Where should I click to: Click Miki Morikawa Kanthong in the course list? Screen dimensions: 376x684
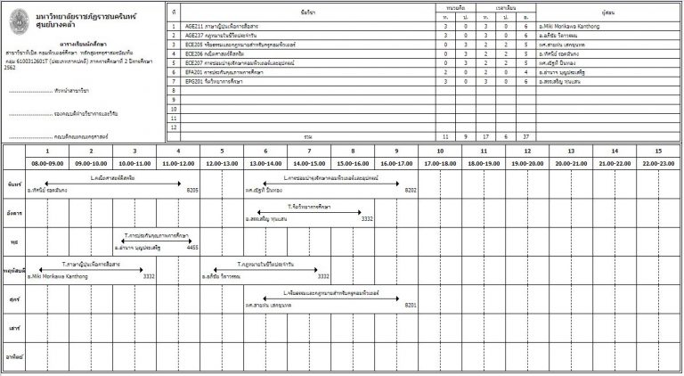(x=579, y=28)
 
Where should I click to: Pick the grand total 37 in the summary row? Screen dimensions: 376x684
(x=526, y=137)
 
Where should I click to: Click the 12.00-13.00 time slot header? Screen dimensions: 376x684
(x=221, y=164)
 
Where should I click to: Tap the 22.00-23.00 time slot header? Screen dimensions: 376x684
(x=657, y=164)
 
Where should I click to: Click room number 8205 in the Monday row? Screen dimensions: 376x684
(x=191, y=190)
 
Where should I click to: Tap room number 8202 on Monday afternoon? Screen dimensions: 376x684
(x=410, y=190)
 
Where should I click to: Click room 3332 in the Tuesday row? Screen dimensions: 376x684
(x=366, y=218)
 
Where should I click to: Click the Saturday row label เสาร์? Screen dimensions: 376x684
(x=13, y=327)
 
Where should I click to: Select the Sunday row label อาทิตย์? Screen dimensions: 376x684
(x=13, y=356)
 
